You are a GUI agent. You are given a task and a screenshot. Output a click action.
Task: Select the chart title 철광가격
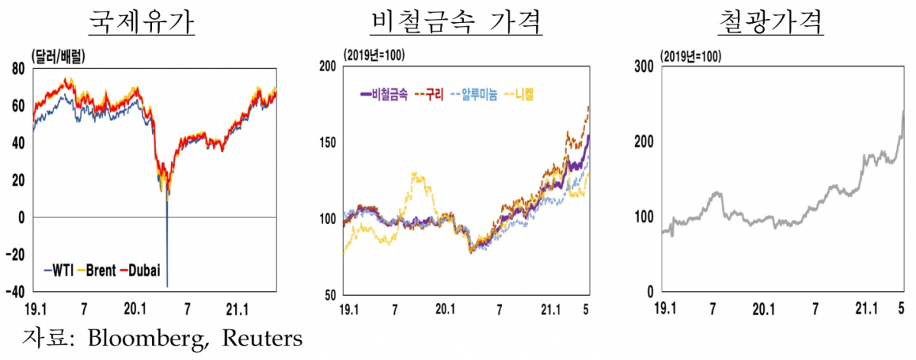pyautogui.click(x=771, y=22)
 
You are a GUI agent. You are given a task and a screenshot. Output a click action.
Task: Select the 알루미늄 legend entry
pyautogui.click(x=479, y=95)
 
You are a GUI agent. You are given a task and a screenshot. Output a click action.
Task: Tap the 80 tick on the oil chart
pyautogui.click(x=18, y=68)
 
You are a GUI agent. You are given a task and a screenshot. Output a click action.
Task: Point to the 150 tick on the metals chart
pyautogui.click(x=329, y=143)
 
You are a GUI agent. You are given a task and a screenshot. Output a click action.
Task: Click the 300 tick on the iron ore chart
pyautogui.click(x=644, y=66)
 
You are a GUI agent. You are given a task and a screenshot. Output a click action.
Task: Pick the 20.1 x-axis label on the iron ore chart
pyautogui.click(x=765, y=310)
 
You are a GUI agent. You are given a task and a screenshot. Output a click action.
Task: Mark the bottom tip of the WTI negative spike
pyautogui.click(x=167, y=287)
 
